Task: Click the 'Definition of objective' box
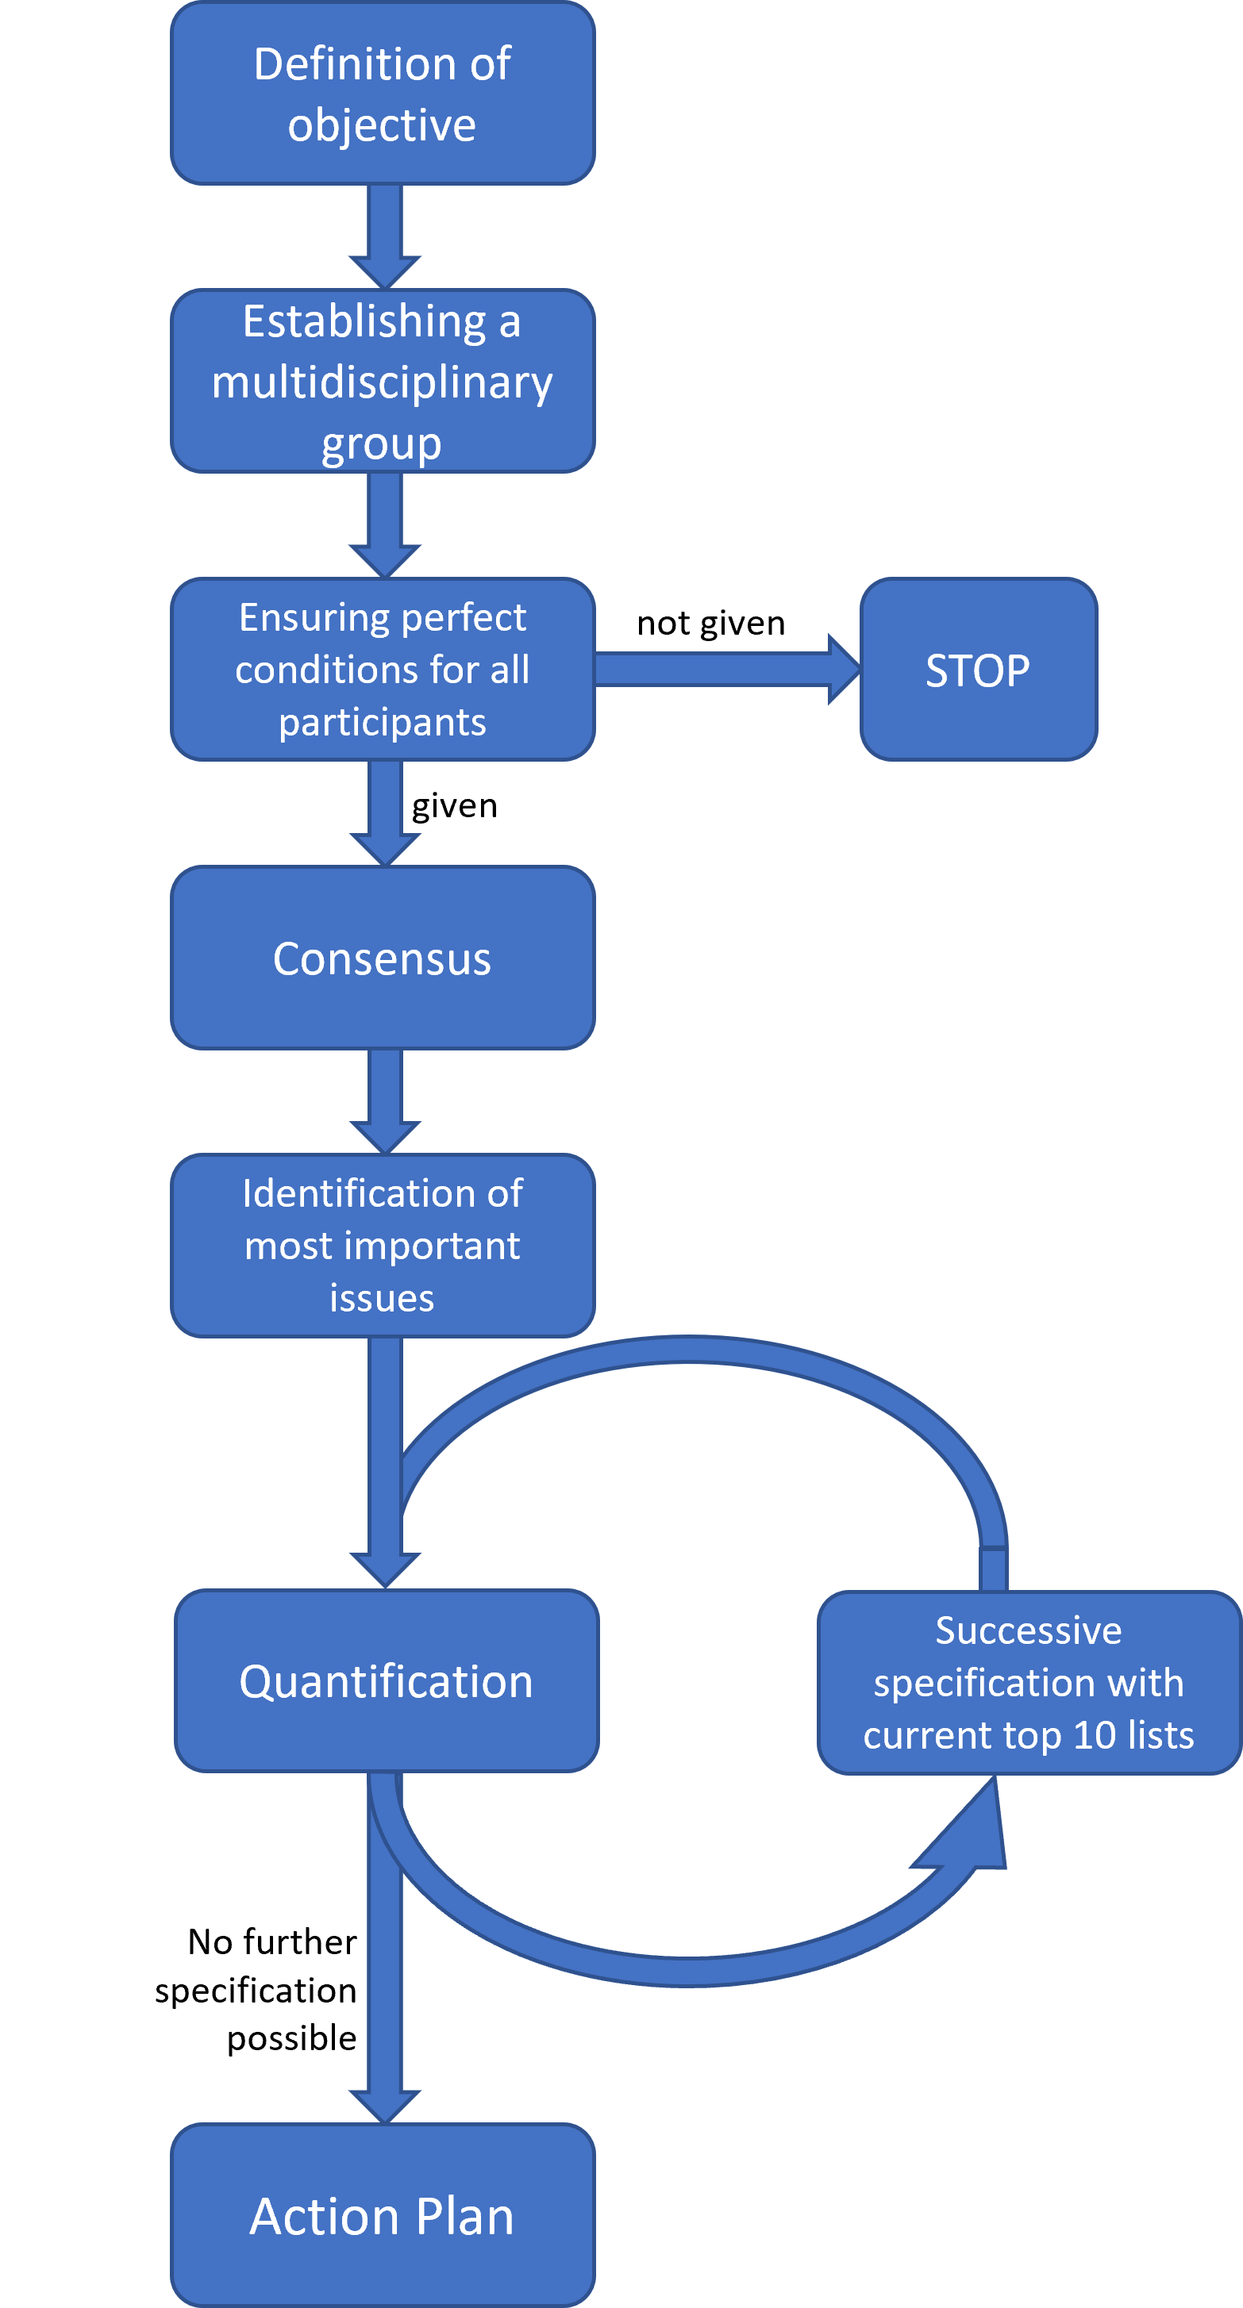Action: coord(383,93)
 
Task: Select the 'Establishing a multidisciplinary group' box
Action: coord(383,381)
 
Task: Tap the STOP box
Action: coord(979,670)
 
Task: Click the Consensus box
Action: coord(383,958)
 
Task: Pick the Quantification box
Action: coord(387,1681)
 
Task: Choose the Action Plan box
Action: coord(383,2215)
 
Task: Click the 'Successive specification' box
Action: coord(1029,1683)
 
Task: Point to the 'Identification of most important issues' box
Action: coord(383,1246)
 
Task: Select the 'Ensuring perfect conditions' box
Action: coord(383,670)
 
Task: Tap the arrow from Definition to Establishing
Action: coord(385,237)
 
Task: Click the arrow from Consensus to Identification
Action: coord(385,1102)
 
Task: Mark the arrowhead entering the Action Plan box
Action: coord(385,2106)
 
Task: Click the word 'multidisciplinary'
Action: coord(383,382)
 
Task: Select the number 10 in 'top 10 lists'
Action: coord(1095,1735)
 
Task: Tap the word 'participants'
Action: coord(383,722)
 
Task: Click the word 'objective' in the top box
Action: coord(383,125)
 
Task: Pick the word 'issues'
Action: coord(383,1298)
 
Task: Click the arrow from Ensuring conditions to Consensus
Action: coord(385,813)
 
